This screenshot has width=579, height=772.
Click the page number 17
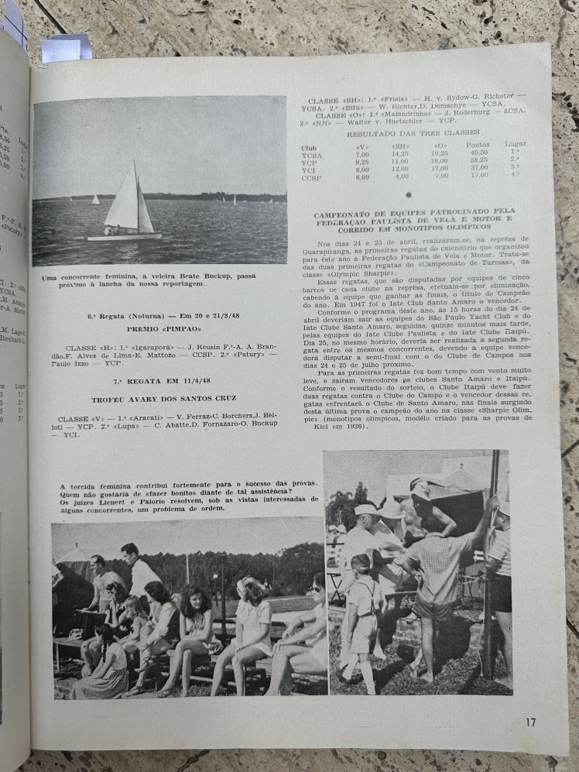530,722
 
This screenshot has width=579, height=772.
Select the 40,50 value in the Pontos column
479,153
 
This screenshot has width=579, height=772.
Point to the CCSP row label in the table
312,177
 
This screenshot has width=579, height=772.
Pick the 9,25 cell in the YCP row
361,161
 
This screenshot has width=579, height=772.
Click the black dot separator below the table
409,195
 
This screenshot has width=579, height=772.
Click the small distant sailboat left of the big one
95,200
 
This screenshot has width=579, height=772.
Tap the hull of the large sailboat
124,236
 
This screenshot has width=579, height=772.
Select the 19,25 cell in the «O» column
439,153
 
